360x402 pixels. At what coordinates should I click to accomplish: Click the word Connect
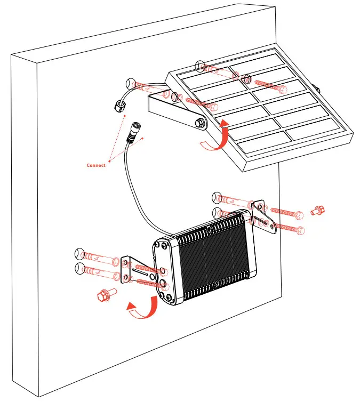click(x=96, y=165)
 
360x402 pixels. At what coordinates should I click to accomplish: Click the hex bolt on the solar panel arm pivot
click(x=200, y=123)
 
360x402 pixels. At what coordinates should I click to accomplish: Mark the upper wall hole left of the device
click(x=79, y=253)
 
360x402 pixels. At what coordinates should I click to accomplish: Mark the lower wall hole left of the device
click(x=79, y=267)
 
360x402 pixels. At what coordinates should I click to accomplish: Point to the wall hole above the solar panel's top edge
click(x=200, y=66)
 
